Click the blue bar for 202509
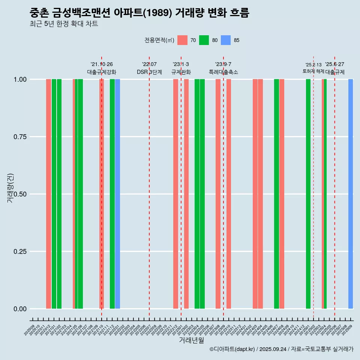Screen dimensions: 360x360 point(351,194)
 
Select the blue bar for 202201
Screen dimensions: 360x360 point(117,194)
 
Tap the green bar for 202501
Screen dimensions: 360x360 point(308,194)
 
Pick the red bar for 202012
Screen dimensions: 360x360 point(48,194)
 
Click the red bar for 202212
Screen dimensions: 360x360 point(175,194)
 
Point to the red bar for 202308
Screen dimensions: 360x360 point(218,194)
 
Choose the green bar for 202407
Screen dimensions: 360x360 point(276,194)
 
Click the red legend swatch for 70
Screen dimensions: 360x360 point(182,40)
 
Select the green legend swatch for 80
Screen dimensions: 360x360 point(204,40)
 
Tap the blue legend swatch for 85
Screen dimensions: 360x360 point(226,40)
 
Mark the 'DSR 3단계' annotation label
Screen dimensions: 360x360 point(149,72)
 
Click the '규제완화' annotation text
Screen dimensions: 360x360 point(181,72)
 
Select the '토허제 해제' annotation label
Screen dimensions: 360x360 point(313,71)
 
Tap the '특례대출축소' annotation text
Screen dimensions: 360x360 point(223,72)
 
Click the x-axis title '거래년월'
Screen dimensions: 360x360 point(191,340)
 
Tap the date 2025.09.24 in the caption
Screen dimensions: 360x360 point(273,349)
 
